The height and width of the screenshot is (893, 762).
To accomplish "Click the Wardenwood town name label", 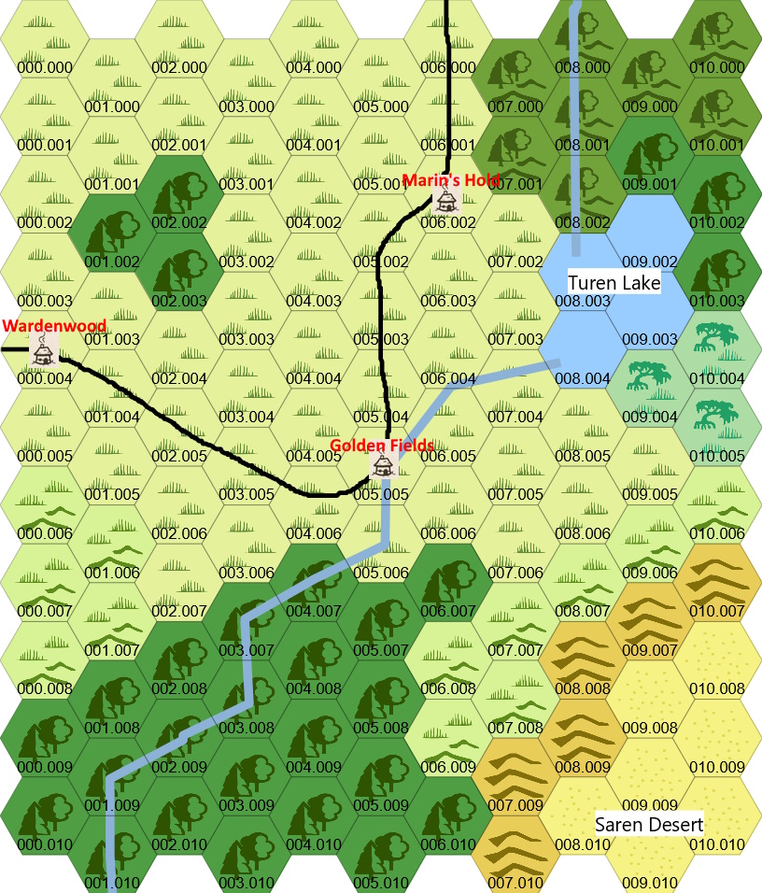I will click(x=53, y=326).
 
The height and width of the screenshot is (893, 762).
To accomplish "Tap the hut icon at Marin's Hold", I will click(x=447, y=199).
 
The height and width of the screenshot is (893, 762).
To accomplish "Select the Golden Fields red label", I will click(x=382, y=446).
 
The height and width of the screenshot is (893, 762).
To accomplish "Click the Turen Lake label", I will click(x=614, y=282).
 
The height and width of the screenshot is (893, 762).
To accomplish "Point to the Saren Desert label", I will click(x=649, y=824).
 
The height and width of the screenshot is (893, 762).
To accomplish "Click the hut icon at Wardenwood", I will click(x=42, y=351).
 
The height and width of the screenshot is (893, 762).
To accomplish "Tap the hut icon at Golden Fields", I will click(x=381, y=464).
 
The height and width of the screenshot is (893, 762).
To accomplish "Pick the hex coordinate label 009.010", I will click(x=649, y=883).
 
